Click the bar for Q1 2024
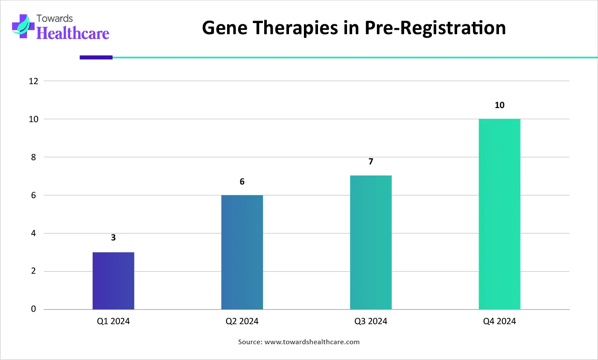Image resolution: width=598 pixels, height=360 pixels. [114, 281]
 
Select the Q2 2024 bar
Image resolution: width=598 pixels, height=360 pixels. [242, 252]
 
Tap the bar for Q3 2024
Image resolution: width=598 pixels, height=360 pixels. [371, 243]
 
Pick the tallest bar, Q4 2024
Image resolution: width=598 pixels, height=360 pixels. [499, 214]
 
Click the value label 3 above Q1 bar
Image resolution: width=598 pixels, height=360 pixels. [114, 237]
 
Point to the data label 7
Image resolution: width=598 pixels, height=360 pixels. [371, 161]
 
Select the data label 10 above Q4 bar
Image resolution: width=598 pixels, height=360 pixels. [500, 105]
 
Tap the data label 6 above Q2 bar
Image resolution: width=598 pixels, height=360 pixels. [242, 181]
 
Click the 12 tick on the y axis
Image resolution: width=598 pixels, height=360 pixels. [34, 81]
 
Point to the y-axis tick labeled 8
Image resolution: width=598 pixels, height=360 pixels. [33, 157]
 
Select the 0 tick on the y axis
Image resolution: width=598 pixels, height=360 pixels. [33, 309]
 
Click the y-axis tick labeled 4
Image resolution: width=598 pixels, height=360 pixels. [33, 234]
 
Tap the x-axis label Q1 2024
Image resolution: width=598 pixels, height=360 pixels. [114, 321]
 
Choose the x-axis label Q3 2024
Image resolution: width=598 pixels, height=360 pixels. [371, 321]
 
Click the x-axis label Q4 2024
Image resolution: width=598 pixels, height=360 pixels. [499, 321]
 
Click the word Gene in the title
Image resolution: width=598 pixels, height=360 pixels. [225, 28]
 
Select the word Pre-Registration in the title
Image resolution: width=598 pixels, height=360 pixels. [435, 28]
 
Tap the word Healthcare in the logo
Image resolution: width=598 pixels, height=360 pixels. [73, 33]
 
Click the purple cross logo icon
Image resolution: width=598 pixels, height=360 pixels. [23, 26]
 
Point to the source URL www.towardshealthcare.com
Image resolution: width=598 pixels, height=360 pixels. [312, 342]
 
